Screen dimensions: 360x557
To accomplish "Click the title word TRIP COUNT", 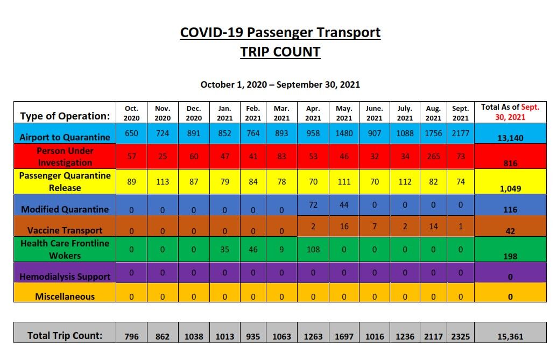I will [x=280, y=52].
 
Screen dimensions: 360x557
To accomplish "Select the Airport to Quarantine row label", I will [x=65, y=137].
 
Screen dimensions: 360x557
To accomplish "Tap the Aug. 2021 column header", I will [x=433, y=113].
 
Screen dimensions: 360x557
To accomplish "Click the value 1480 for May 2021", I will [x=344, y=133].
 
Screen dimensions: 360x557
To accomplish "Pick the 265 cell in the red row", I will [x=433, y=157].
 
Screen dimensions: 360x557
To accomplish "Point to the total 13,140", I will [x=510, y=138].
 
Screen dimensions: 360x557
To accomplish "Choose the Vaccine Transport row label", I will [x=65, y=230].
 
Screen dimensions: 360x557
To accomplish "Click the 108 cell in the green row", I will [x=313, y=250].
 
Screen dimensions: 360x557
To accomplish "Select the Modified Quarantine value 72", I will [x=313, y=205].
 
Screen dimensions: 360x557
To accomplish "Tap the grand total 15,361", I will [x=510, y=337].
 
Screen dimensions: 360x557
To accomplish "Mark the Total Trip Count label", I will [x=65, y=336].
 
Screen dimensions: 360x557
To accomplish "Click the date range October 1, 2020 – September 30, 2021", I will [x=280, y=84].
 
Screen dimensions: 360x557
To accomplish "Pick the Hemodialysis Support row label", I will [x=65, y=277].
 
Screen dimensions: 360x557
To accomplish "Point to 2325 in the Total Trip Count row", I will [x=460, y=337].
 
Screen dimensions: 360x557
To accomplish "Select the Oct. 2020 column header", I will [x=131, y=113].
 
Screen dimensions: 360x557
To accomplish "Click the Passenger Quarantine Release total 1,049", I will [x=510, y=188].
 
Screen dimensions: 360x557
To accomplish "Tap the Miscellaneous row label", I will [x=65, y=297].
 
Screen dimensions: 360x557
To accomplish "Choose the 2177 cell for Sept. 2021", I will [x=460, y=133].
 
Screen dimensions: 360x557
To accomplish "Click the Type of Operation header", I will [x=65, y=116].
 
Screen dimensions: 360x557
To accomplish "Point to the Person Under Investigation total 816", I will [x=510, y=164].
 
